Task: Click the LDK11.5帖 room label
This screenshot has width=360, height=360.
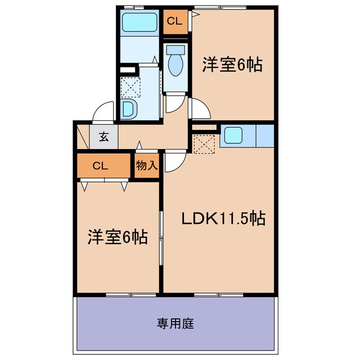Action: click(x=223, y=218)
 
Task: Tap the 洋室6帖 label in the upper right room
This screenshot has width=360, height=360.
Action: click(x=232, y=66)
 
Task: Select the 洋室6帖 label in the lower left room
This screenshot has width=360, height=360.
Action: click(x=117, y=237)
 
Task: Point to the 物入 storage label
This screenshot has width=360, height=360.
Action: click(x=148, y=165)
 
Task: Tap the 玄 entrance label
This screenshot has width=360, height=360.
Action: click(x=104, y=136)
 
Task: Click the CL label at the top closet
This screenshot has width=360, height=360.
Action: click(x=174, y=22)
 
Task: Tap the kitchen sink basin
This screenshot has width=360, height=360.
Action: click(x=233, y=136)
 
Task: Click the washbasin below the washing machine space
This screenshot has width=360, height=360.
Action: click(x=128, y=108)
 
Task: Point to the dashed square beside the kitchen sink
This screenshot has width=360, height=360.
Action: click(x=205, y=143)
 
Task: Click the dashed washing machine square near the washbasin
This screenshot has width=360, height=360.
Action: click(x=130, y=85)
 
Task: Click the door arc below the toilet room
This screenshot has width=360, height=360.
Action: click(x=176, y=103)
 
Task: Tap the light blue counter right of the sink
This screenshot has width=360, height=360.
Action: click(x=264, y=136)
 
